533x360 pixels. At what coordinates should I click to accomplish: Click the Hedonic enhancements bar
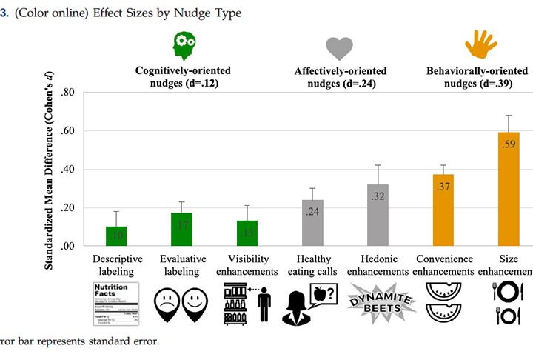click(x=378, y=216)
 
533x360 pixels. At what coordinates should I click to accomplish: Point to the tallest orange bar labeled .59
click(x=509, y=190)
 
